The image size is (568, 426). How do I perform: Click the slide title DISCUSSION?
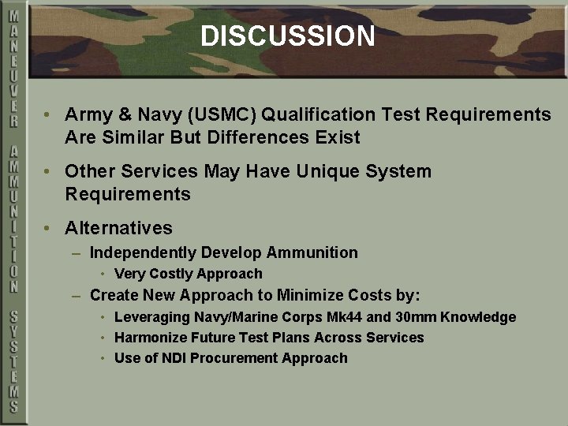(x=287, y=36)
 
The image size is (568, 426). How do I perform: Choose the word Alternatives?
(x=118, y=229)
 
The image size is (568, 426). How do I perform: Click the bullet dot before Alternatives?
(x=49, y=229)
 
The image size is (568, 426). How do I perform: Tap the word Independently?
(x=143, y=253)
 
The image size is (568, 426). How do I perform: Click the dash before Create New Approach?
(x=76, y=297)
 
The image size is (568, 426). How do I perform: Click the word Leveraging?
(x=152, y=317)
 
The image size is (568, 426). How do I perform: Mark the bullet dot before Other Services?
(x=49, y=172)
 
